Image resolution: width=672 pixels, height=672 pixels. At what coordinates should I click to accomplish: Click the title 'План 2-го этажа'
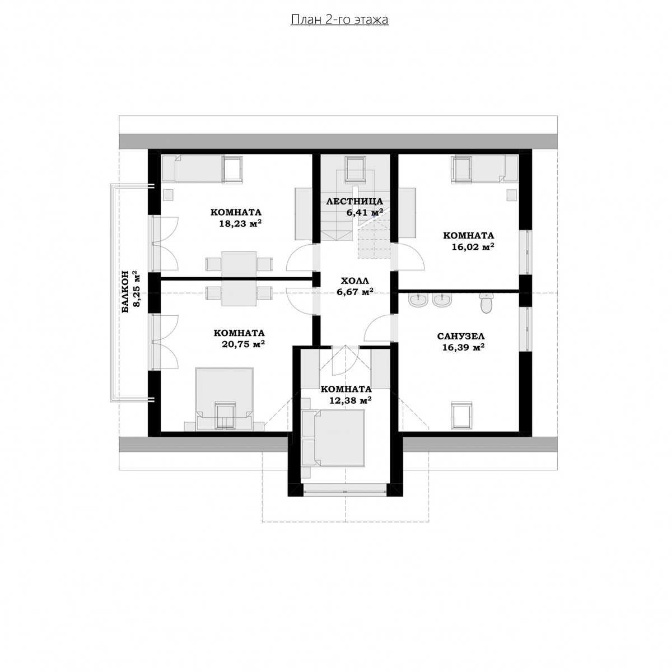pyautogui.click(x=339, y=20)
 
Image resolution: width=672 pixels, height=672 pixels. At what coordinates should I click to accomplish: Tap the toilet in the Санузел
pyautogui.click(x=486, y=302)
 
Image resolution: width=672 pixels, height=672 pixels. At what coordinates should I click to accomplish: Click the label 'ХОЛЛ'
pyautogui.click(x=354, y=281)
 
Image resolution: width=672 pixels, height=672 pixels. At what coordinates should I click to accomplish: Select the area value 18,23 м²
pyautogui.click(x=240, y=223)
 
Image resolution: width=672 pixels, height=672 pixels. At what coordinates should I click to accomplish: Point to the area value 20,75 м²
pyautogui.click(x=243, y=344)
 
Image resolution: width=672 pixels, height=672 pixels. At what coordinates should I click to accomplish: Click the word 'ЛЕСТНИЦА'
pyautogui.click(x=354, y=201)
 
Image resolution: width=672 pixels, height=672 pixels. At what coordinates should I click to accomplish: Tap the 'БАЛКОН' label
pyautogui.click(x=125, y=292)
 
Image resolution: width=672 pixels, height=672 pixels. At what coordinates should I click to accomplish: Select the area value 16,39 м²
pyautogui.click(x=464, y=347)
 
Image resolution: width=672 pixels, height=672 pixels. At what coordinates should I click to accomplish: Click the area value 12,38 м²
pyautogui.click(x=350, y=400)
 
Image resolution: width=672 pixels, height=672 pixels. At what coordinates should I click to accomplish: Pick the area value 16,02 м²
pyautogui.click(x=473, y=247)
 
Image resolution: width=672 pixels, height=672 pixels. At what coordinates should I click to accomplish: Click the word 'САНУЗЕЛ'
pyautogui.click(x=461, y=336)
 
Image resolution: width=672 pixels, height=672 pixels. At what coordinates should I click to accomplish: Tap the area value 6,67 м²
pyautogui.click(x=355, y=292)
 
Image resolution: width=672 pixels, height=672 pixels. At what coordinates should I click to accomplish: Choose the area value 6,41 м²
pyautogui.click(x=365, y=212)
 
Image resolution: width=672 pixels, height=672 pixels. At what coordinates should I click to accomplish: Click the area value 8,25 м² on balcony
pyautogui.click(x=137, y=289)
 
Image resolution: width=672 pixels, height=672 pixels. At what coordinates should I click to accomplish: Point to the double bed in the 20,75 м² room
pyautogui.click(x=224, y=398)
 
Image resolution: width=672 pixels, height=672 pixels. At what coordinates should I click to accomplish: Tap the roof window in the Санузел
pyautogui.click(x=463, y=415)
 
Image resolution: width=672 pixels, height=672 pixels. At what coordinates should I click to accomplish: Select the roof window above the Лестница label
pyautogui.click(x=356, y=169)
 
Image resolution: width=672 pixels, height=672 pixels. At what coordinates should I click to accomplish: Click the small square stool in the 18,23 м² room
pyautogui.click(x=169, y=194)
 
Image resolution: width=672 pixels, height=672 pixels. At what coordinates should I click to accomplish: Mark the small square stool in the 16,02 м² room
pyautogui.click(x=512, y=194)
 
